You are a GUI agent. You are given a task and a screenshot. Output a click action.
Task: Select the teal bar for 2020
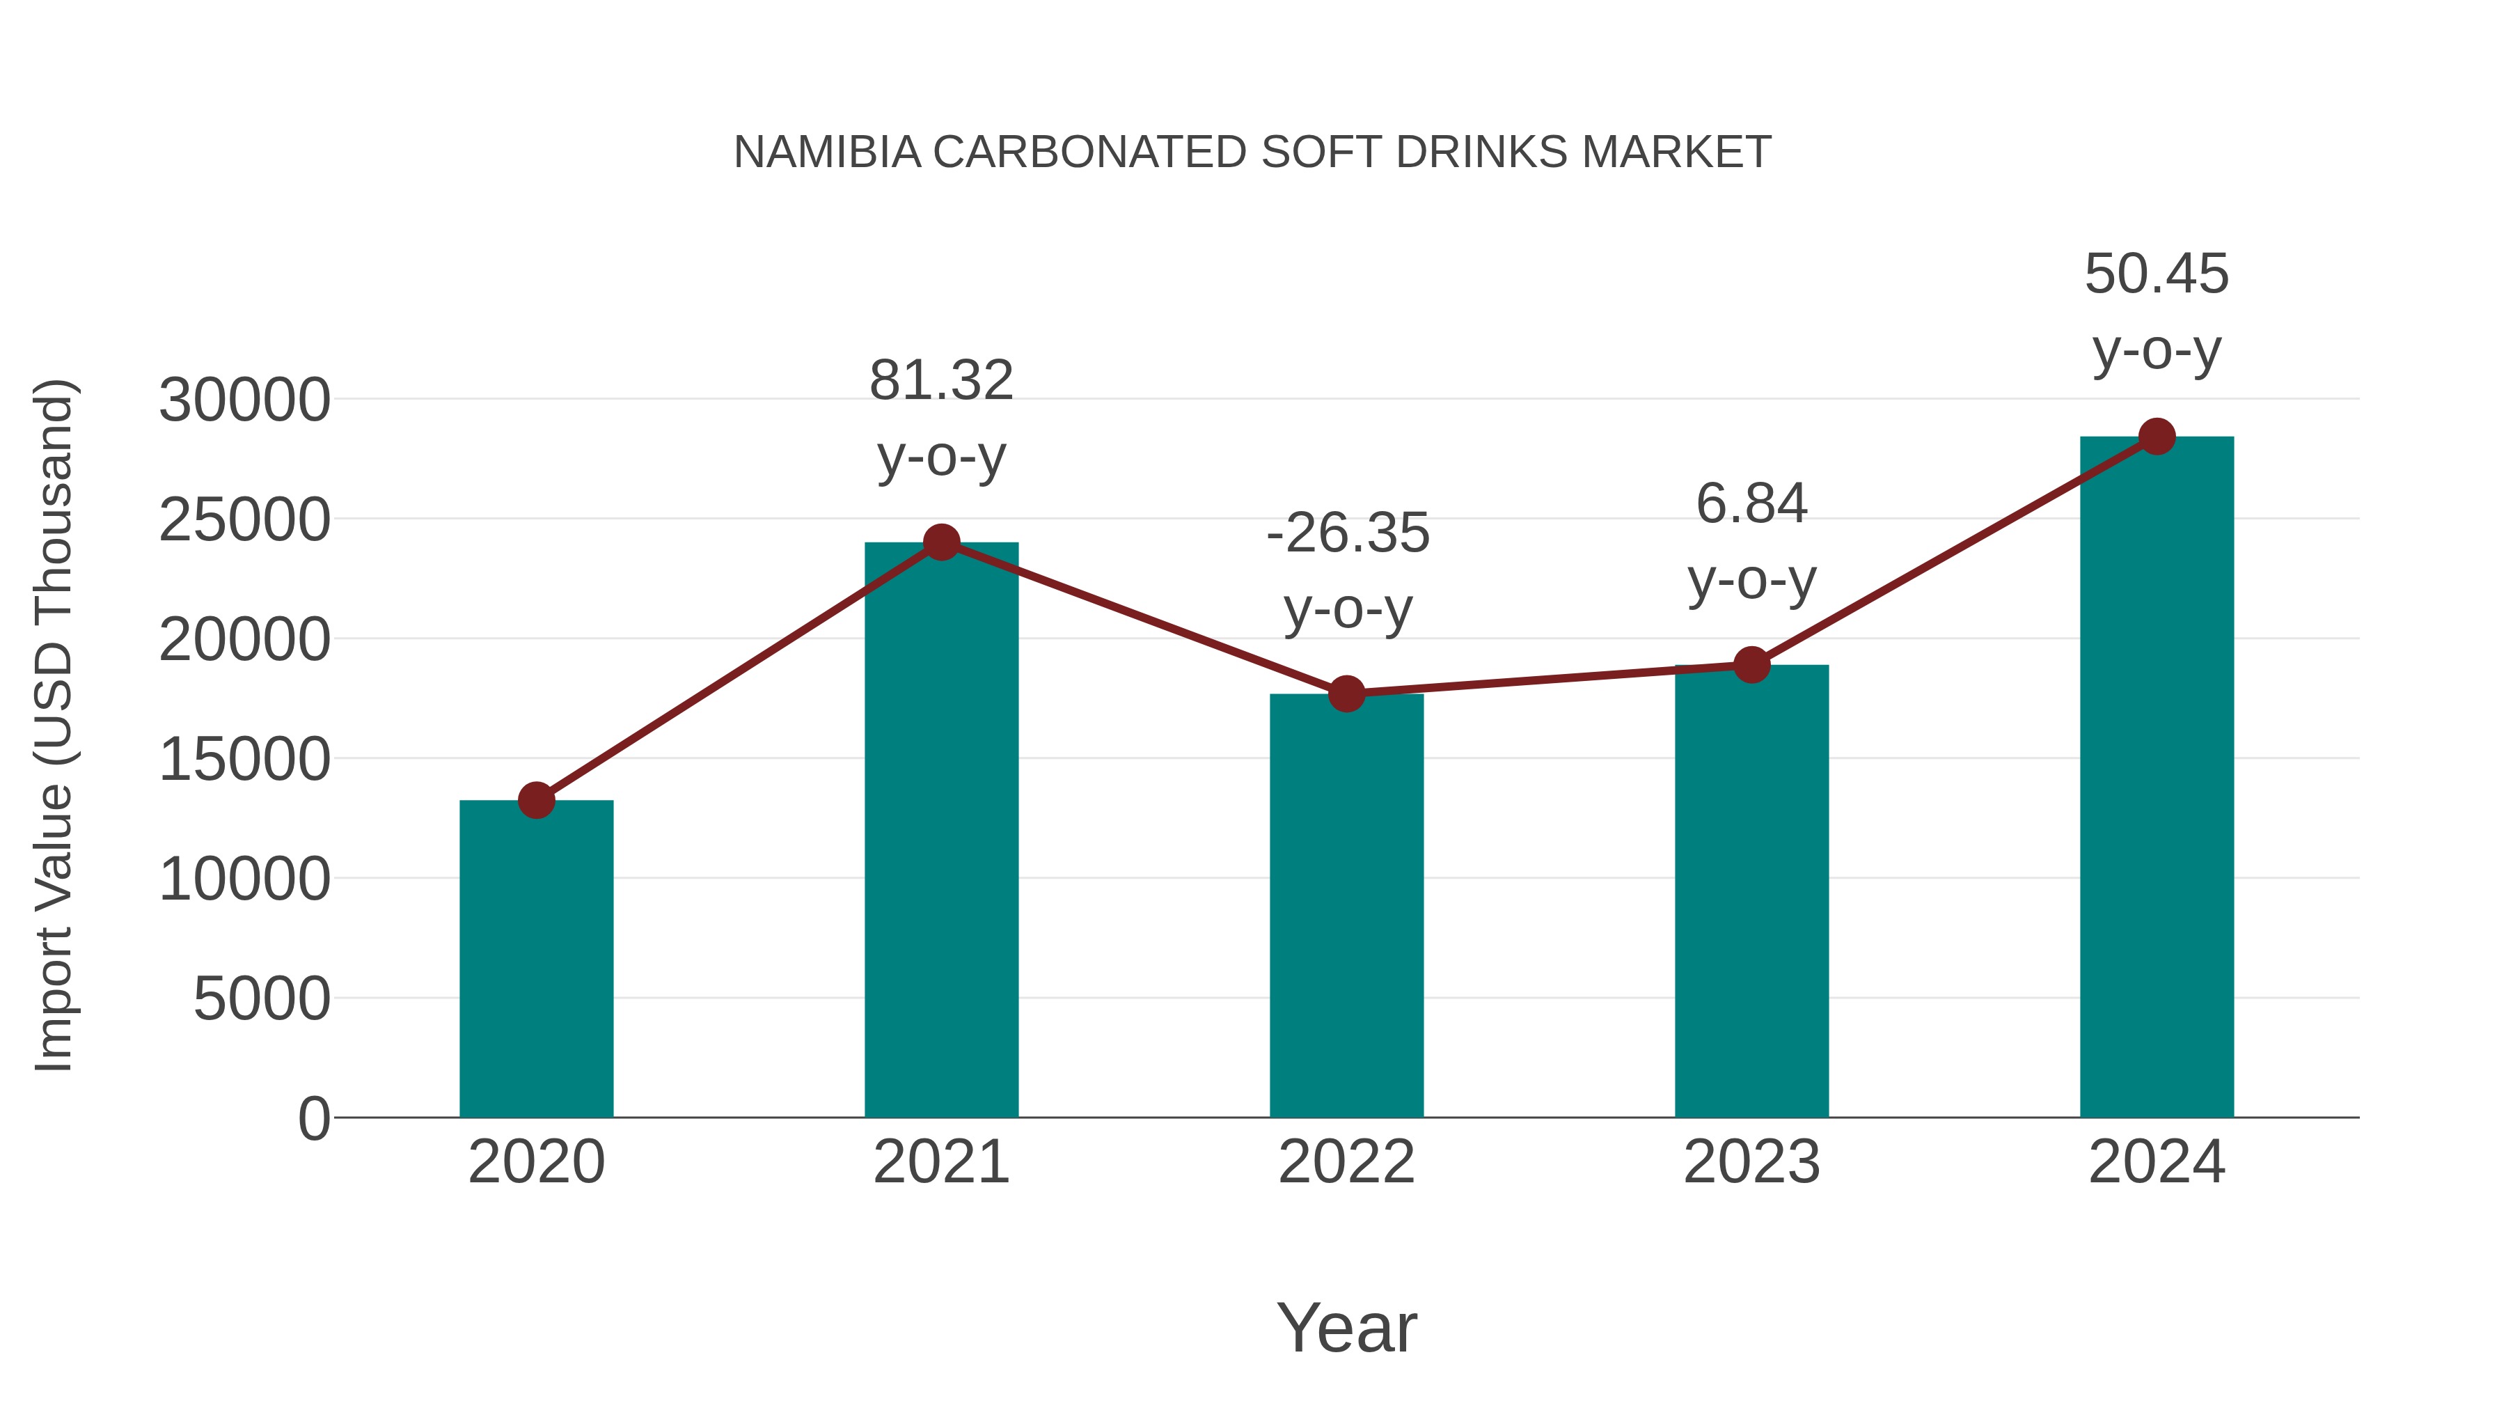point(536,959)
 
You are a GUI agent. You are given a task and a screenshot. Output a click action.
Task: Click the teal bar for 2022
point(1346,905)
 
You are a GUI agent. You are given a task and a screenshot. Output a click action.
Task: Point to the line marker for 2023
point(1751,665)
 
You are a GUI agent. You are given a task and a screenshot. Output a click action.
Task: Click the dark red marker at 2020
point(536,800)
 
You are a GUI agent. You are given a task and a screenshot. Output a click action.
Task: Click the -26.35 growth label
point(1348,570)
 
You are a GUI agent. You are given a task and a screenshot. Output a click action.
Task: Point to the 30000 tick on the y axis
point(244,400)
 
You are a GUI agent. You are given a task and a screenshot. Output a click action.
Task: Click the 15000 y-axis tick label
point(244,759)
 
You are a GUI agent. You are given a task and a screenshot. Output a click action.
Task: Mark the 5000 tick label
point(262,998)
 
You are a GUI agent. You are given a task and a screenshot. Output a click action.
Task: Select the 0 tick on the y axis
point(314,1118)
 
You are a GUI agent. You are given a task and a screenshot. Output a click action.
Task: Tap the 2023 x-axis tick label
point(1751,1162)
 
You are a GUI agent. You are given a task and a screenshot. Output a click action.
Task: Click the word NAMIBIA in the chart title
point(827,152)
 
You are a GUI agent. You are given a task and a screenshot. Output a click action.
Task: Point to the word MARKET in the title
point(1676,152)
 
